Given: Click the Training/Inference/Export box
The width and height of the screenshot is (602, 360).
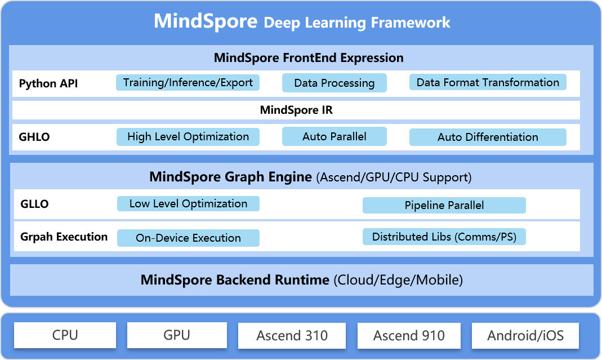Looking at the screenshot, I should pos(188,83).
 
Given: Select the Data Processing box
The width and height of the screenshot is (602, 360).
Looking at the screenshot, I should pos(334,83).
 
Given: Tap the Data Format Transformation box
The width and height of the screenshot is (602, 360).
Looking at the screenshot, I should pos(488,83).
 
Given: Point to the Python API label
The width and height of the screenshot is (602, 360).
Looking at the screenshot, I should pos(48,84).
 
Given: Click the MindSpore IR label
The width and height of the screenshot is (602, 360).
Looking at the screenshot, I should pos(296,110).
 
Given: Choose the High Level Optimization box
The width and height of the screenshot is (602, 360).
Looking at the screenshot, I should pos(188,137).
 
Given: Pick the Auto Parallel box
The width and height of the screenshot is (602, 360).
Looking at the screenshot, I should pos(334,136).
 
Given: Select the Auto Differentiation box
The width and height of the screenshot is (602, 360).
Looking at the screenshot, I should pos(488,137).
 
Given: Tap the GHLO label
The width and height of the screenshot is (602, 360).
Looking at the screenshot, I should pos(34,137).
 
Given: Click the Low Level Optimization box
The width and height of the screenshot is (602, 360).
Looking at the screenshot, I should pos(188,204).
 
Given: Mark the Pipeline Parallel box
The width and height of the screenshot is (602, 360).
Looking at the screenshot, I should pos(444,205).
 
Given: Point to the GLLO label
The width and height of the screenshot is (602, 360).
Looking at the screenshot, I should pos(34,205).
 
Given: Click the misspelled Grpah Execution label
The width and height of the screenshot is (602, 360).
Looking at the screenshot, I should pos(63,237).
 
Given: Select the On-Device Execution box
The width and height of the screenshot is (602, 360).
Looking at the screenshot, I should pos(188,238).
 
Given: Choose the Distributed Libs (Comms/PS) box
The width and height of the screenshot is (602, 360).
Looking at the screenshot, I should pos(444,237).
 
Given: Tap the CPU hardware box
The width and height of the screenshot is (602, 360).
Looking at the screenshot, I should pos(65,335).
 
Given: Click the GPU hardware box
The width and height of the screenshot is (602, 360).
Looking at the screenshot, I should pos(177,335).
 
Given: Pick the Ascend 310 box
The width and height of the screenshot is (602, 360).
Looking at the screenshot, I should pos(292,336).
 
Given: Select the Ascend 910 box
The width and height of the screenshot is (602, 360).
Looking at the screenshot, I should pos(409,336).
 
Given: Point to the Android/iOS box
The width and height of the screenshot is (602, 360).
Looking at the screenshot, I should pos(525,336).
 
